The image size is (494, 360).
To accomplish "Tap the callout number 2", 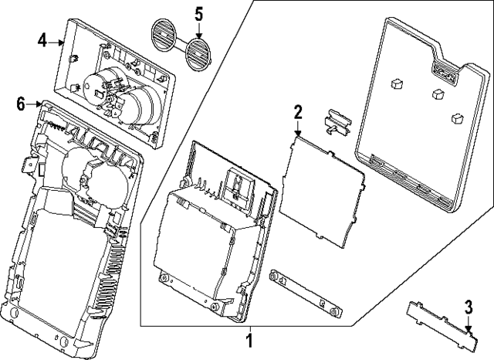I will point(297,113).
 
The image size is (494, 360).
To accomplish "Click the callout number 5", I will point(198,13).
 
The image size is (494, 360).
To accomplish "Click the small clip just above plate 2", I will point(337,122).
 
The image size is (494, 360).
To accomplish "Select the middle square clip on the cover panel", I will point(438,93).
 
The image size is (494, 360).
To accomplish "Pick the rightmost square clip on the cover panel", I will point(455,117).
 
